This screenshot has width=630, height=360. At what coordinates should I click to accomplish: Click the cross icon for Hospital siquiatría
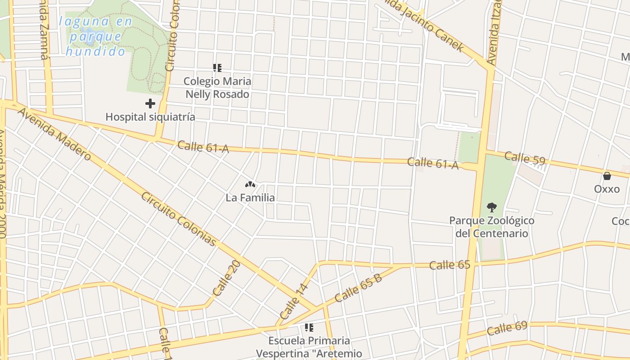pos(150,104)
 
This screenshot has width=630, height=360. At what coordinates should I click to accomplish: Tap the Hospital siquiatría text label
pos(150,117)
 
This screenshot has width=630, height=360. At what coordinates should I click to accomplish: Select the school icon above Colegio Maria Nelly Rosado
pos(217,68)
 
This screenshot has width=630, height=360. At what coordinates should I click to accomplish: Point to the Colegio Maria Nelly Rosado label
pos(217,88)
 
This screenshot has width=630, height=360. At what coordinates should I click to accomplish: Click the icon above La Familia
pos(250,184)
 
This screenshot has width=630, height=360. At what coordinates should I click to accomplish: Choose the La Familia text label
pos(250,198)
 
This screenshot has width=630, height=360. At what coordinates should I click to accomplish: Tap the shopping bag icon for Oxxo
pos(607,175)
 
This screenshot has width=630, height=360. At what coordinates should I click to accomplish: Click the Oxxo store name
pos(607,189)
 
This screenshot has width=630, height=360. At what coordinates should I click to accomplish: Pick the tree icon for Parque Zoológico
pos(491,207)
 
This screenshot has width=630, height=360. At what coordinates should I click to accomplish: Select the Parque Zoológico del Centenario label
pos(491,227)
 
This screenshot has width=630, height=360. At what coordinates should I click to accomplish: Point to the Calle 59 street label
pos(525,158)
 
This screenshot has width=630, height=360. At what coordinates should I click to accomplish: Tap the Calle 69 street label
pos(507,328)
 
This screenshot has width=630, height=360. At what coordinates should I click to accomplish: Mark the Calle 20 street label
pos(227,278)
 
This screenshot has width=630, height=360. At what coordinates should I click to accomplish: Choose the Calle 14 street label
pos(294,301)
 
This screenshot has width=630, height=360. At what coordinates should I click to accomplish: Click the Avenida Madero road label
pos(54,134)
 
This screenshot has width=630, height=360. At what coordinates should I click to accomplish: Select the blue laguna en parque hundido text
pos(95,36)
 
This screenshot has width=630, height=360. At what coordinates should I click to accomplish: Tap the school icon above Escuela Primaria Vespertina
pos(309,328)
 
